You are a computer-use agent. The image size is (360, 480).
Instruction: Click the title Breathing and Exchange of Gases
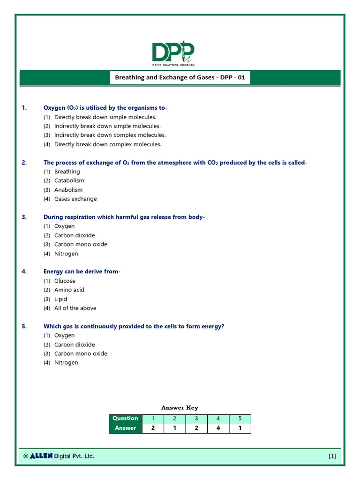(180, 77)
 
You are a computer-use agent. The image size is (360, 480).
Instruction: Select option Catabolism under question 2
(69, 180)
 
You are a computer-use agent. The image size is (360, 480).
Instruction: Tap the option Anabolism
(68, 190)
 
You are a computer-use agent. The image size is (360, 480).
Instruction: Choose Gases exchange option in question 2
(75, 199)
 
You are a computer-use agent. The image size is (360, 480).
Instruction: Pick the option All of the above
(75, 308)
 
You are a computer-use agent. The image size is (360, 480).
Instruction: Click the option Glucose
(65, 281)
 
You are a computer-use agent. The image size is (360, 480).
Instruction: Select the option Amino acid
(69, 290)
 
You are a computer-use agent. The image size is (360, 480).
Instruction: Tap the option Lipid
(60, 299)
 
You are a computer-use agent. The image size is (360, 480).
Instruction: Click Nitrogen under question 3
(66, 254)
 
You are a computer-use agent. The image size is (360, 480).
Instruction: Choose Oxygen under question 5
(64, 335)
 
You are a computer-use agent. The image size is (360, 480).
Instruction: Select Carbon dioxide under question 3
(74, 235)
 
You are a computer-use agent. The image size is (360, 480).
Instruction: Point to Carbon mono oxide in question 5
(80, 353)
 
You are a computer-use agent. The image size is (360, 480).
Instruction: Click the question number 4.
(24, 271)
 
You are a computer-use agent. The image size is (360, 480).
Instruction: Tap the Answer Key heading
(180, 408)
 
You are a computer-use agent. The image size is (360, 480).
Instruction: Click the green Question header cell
(125, 419)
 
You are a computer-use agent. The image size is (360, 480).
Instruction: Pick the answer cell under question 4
(218, 428)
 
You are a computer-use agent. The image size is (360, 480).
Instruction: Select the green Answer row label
(125, 428)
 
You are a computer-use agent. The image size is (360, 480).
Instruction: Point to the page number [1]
(332, 456)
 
